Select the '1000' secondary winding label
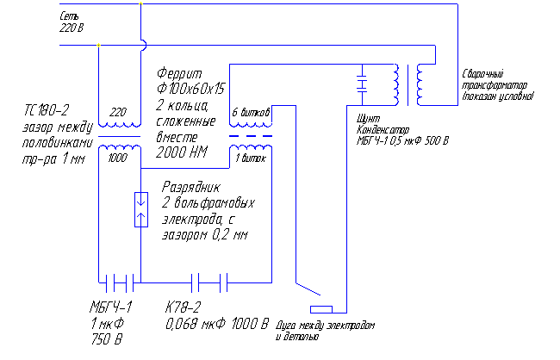[118, 158]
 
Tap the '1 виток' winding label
[252, 158]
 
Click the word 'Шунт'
[366, 119]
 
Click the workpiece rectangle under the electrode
[320, 308]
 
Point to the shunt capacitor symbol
[362, 84]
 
